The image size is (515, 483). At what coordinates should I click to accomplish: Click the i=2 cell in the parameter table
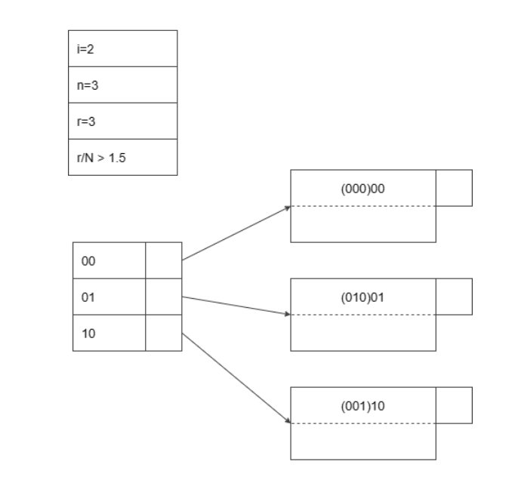(x=122, y=48)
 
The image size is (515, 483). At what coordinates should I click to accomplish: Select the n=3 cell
(x=122, y=85)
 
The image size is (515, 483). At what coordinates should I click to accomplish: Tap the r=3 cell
(x=122, y=121)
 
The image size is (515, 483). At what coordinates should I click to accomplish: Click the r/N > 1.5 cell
(x=122, y=157)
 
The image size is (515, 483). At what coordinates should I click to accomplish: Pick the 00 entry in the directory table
(x=109, y=260)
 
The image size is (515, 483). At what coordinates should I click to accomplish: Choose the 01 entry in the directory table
(x=109, y=297)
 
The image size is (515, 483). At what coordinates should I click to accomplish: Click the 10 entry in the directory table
(x=109, y=333)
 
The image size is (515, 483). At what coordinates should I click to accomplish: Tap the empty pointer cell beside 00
(x=163, y=260)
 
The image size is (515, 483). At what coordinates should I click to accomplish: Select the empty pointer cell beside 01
(x=163, y=297)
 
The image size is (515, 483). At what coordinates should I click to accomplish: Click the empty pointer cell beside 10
(x=163, y=333)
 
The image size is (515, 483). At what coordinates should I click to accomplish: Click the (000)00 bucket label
(x=363, y=189)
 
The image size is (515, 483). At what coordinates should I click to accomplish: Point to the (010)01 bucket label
(x=363, y=297)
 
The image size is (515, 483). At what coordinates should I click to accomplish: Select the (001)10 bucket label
(x=363, y=405)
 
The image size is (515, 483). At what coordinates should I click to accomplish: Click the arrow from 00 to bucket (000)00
(x=236, y=233)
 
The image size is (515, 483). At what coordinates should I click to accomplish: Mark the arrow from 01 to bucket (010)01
(x=236, y=306)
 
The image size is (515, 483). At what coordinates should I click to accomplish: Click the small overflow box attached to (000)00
(x=454, y=188)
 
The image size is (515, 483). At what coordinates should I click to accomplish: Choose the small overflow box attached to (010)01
(x=454, y=296)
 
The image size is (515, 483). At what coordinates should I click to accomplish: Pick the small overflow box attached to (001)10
(x=454, y=405)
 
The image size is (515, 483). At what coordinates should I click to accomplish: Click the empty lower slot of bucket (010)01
(x=363, y=333)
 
